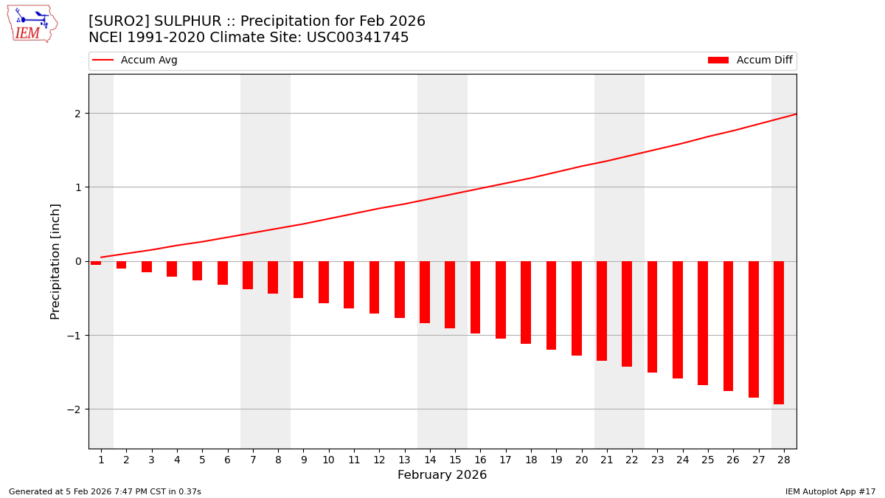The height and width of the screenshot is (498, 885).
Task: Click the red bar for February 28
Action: coord(779,332)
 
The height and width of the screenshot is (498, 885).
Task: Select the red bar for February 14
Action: coord(425,292)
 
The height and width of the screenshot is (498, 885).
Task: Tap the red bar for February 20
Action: coord(577,308)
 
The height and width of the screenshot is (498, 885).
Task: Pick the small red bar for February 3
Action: coord(147,266)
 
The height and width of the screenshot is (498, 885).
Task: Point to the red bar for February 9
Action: coord(298,280)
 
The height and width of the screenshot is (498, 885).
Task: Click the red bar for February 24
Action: coord(678,319)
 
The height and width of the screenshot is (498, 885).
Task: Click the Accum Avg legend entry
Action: coord(136,60)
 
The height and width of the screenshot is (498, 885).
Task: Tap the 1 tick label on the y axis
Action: coord(79,187)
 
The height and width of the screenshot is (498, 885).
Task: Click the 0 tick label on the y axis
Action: coord(79,261)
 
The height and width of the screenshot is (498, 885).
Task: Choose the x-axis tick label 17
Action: coord(505,460)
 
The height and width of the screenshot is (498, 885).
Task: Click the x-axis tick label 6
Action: coord(227,460)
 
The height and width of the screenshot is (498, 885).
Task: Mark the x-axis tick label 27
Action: coord(757,460)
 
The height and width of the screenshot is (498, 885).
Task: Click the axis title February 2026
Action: coord(442,475)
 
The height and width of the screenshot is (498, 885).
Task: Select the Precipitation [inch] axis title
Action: coord(55,261)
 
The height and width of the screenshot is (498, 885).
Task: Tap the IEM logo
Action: coord(32,24)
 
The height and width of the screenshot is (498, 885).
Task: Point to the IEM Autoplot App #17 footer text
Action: coord(830,491)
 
